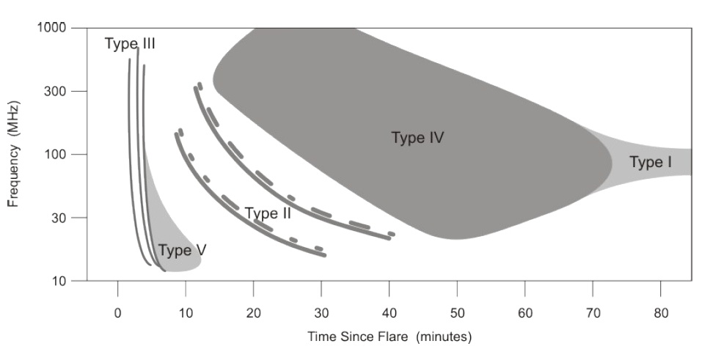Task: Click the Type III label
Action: tap(130, 44)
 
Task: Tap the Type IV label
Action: tap(418, 137)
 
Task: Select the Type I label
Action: tap(650, 163)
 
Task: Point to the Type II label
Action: tap(268, 213)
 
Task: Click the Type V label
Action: tap(182, 251)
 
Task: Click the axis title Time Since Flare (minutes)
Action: tap(389, 337)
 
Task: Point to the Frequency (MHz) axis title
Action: tap(13, 155)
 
